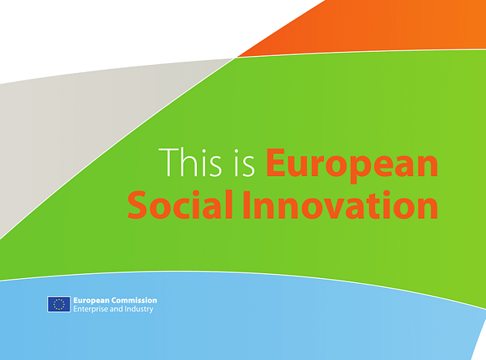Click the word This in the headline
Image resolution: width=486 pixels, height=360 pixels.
tap(190, 162)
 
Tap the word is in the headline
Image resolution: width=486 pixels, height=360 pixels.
tap(245, 163)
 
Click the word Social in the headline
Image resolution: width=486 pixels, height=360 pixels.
tap(180, 204)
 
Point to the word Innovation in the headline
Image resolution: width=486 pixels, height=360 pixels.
tap(340, 204)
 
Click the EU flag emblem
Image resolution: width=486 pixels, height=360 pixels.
tap(59, 304)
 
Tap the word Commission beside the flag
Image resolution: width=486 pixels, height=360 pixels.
tap(134, 301)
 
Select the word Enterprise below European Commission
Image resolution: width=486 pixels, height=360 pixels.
tap(91, 309)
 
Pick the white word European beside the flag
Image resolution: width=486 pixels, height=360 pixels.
tap(92, 301)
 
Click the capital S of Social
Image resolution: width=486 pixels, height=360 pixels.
tap(137, 204)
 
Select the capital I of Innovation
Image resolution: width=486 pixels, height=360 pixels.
tap(247, 204)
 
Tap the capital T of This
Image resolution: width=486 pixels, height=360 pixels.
tap(168, 162)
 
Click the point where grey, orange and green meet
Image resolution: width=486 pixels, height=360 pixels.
tap(235, 58)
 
